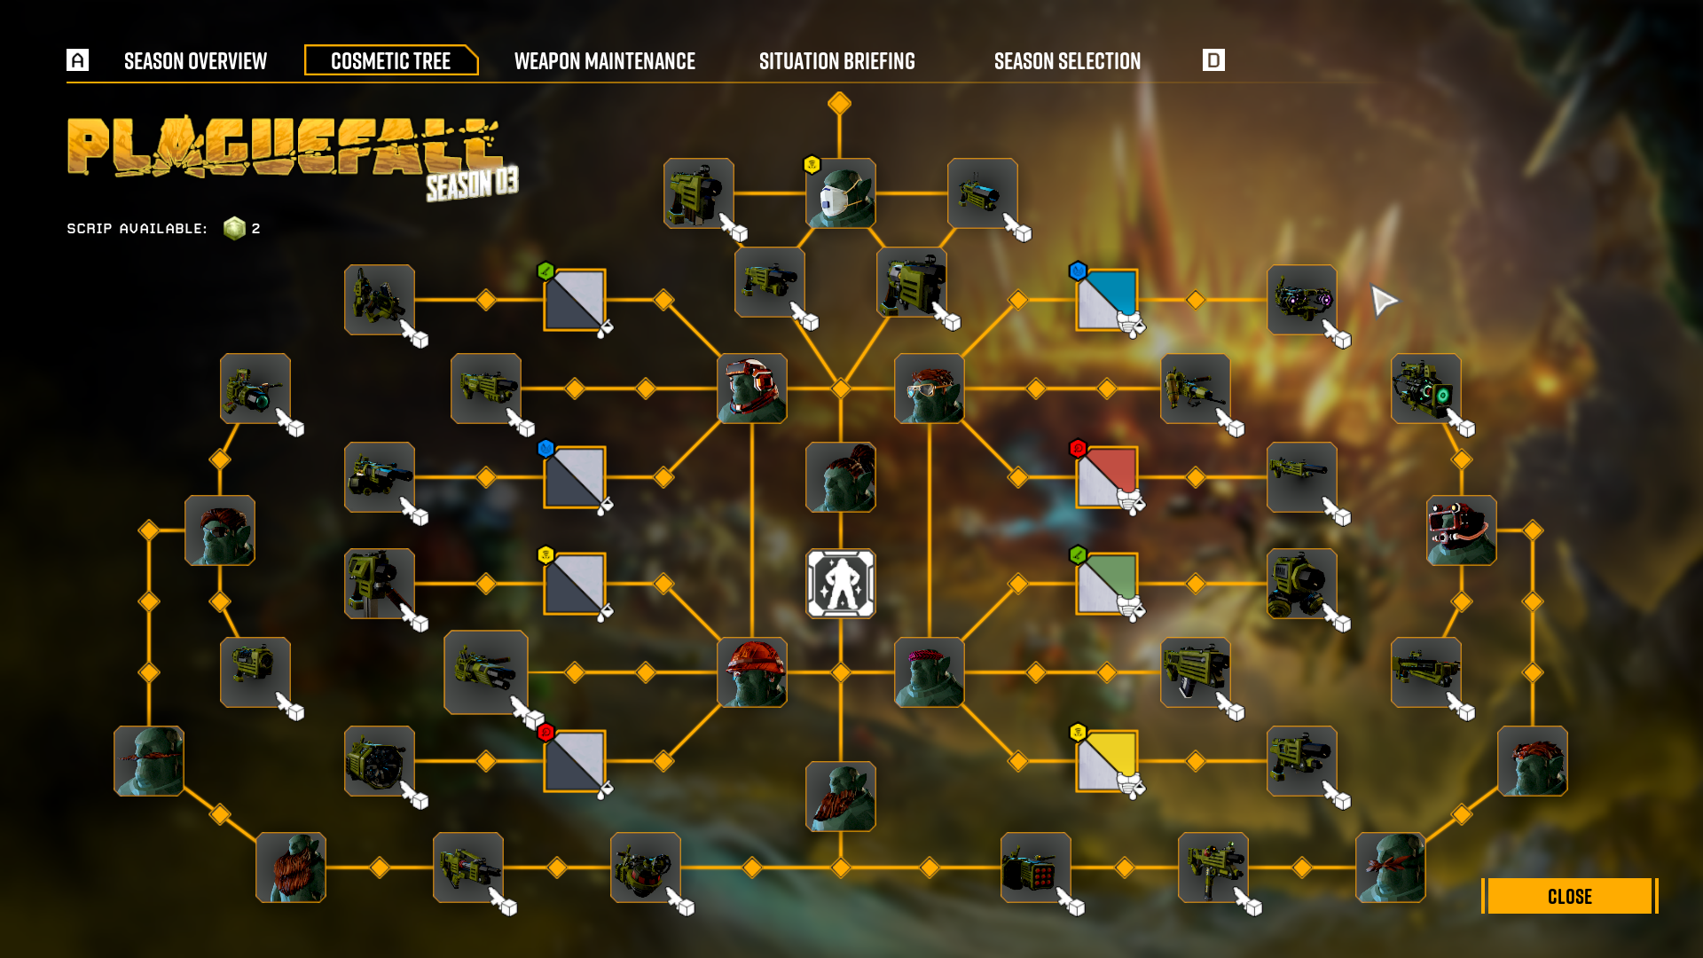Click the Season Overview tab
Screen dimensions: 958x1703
pyautogui.click(x=195, y=61)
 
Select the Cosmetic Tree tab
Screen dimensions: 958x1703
pyautogui.click(x=390, y=61)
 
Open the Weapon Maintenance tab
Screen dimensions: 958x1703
pyautogui.click(x=604, y=61)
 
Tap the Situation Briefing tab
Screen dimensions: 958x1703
pyautogui.click(x=836, y=61)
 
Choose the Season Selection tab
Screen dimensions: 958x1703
pyautogui.click(x=1067, y=61)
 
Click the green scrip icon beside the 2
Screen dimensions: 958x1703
pyautogui.click(x=234, y=229)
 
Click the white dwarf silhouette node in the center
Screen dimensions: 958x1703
pyautogui.click(x=840, y=584)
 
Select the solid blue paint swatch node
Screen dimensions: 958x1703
pyautogui.click(x=1107, y=299)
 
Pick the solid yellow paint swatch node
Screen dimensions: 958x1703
pyautogui.click(x=1107, y=760)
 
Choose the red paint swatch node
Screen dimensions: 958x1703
pyautogui.click(x=1107, y=476)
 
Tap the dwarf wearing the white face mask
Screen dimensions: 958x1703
pyautogui.click(x=840, y=193)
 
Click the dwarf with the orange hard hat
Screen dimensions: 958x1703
pyautogui.click(x=751, y=672)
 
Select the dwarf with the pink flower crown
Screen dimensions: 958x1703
pyautogui.click(x=929, y=672)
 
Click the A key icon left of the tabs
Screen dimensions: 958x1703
pyautogui.click(x=78, y=60)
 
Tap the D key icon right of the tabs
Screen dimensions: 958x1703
pyautogui.click(x=1213, y=60)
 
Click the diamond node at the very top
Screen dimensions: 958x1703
pyautogui.click(x=839, y=104)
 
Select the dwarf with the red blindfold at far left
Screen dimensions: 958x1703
pyautogui.click(x=149, y=761)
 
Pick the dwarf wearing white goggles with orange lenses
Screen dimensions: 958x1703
pyautogui.click(x=929, y=389)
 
